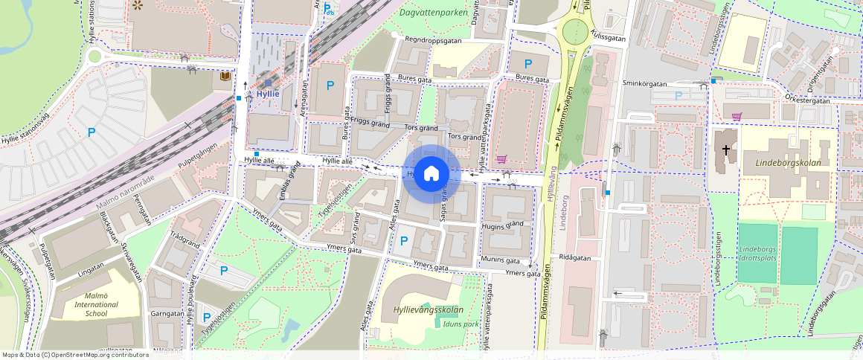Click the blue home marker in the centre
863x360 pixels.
[x=431, y=174]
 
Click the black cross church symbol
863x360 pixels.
[x=726, y=150]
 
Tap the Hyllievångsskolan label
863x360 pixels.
[x=423, y=310]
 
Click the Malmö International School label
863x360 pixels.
[x=96, y=305]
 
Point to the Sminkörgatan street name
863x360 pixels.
[x=644, y=85]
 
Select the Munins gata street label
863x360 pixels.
[x=500, y=261]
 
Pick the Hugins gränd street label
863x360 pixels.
[x=504, y=224]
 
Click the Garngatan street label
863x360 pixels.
[x=167, y=314]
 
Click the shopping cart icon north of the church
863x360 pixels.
[x=737, y=116]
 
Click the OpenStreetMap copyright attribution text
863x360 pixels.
[x=74, y=355]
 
